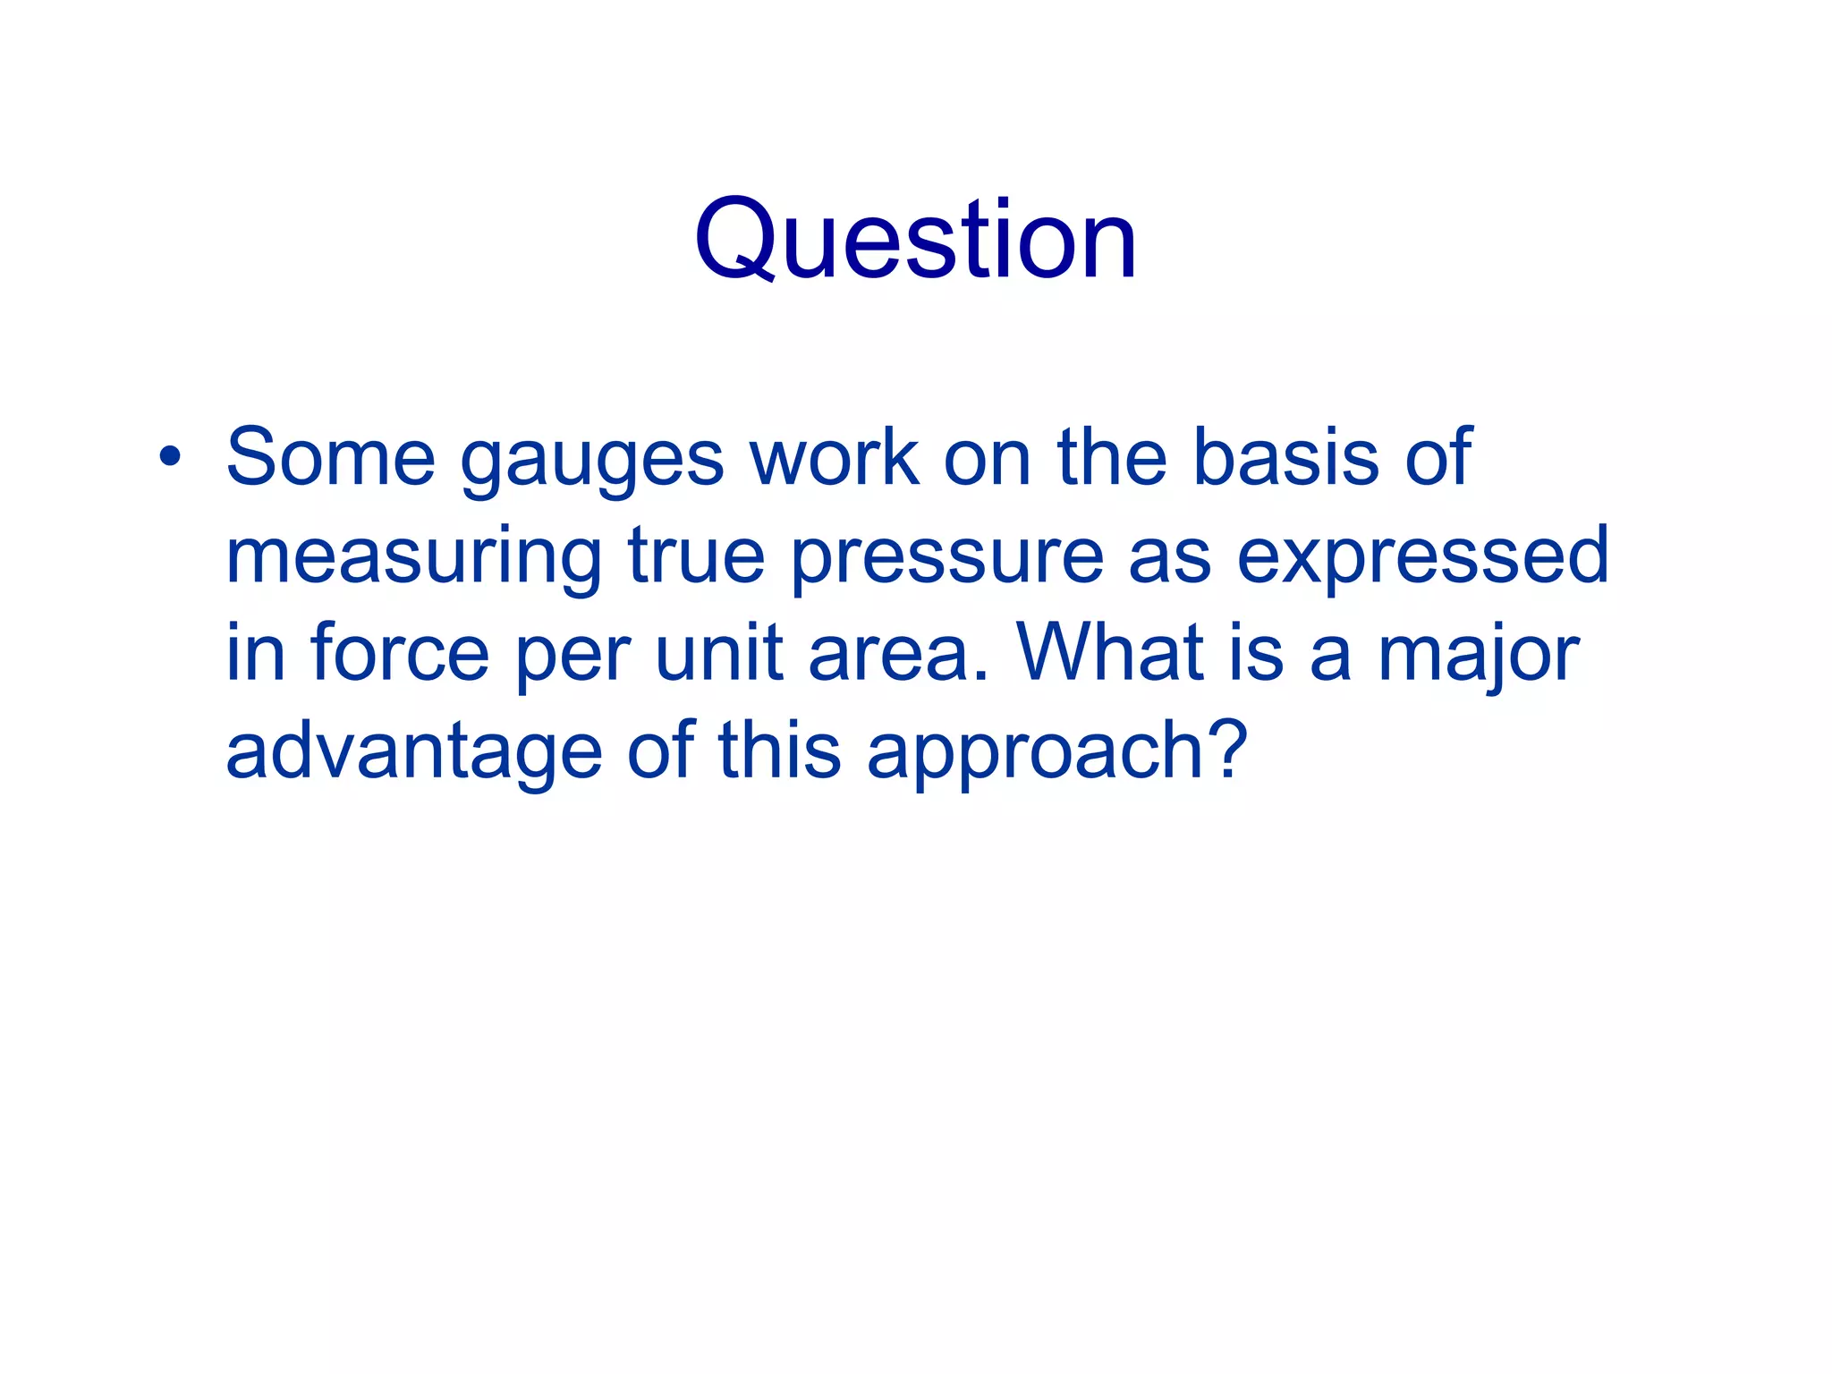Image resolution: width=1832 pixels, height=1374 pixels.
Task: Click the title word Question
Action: coord(915,240)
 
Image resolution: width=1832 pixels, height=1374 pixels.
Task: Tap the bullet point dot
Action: coord(170,458)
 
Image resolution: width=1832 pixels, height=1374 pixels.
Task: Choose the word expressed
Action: coord(1422,558)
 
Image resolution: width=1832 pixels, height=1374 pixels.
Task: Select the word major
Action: coord(1479,657)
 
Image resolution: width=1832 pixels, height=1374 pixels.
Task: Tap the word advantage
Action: coord(414,753)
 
